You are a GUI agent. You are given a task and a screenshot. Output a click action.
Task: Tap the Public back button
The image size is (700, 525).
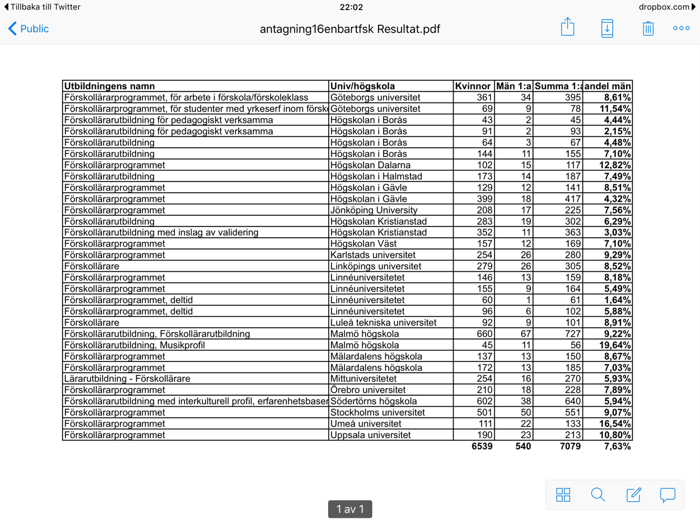(x=28, y=29)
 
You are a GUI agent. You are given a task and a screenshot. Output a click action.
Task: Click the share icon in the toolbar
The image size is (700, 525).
(x=567, y=27)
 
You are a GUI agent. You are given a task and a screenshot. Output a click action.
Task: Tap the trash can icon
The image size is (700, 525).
(x=648, y=28)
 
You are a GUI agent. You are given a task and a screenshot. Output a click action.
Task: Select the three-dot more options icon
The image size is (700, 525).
(x=682, y=28)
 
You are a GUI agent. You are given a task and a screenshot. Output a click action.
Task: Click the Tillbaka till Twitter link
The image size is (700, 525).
(x=42, y=7)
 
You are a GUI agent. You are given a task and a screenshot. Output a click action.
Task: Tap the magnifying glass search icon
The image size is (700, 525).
(x=598, y=495)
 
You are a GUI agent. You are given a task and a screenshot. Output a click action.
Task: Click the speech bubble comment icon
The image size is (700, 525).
(x=668, y=495)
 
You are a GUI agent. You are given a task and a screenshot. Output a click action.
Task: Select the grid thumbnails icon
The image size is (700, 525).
(x=563, y=495)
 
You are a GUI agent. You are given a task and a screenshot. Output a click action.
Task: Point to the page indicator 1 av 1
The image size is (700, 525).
(x=350, y=509)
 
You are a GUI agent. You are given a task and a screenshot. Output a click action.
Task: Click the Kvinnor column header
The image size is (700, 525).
(x=473, y=86)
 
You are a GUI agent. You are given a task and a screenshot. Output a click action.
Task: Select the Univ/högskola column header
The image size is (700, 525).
(x=363, y=86)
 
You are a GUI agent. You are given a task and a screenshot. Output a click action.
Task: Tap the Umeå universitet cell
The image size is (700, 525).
(x=366, y=424)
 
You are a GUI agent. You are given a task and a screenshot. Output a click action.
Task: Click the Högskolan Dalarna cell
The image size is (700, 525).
(x=370, y=165)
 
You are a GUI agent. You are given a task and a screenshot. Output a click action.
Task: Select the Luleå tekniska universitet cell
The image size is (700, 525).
(x=384, y=323)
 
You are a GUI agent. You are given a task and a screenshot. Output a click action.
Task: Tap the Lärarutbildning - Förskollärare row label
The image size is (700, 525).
(x=127, y=379)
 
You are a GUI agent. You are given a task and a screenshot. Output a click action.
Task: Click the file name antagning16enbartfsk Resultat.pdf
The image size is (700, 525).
(x=350, y=29)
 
